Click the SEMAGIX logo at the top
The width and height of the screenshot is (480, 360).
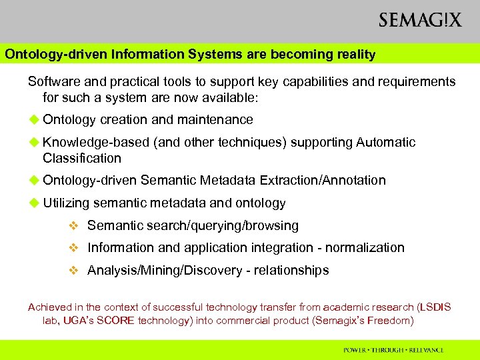pyautogui.click(x=420, y=20)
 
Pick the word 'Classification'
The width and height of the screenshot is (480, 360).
pyautogui.click(x=82, y=159)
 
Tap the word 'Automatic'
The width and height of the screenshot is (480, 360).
pyautogui.click(x=386, y=142)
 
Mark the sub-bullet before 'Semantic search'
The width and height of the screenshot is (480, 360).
pyautogui.click(x=75, y=226)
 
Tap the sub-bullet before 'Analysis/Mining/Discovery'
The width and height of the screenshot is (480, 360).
pyautogui.click(x=75, y=271)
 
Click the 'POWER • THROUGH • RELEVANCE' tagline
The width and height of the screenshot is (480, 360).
pyautogui.click(x=393, y=349)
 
